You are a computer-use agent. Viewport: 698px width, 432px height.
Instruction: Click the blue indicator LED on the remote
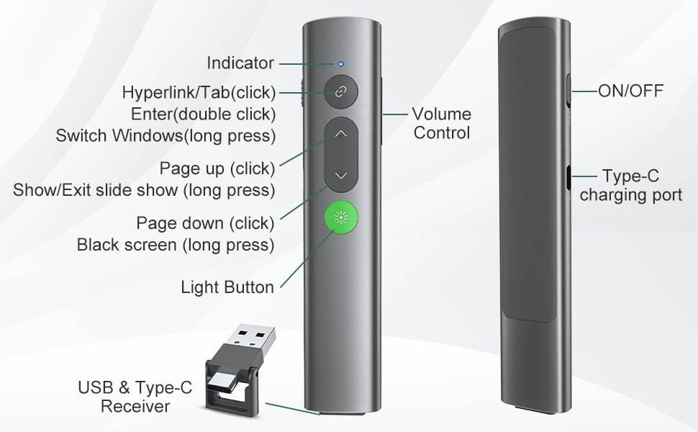pyautogui.click(x=341, y=63)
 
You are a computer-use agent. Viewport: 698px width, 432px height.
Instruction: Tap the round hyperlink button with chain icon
pyautogui.click(x=341, y=92)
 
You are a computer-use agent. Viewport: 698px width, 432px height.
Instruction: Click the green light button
pyautogui.click(x=341, y=218)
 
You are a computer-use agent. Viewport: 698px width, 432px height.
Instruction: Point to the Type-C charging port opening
pyautogui.click(x=568, y=176)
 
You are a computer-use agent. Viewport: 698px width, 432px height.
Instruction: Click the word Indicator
pyautogui.click(x=240, y=63)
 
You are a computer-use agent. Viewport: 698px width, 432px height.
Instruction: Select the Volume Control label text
pyautogui.click(x=441, y=123)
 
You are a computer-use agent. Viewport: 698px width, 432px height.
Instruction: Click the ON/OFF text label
pyautogui.click(x=630, y=91)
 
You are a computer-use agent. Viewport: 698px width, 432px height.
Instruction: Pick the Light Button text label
pyautogui.click(x=227, y=288)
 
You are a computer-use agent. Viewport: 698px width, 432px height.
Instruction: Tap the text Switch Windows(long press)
pyautogui.click(x=166, y=135)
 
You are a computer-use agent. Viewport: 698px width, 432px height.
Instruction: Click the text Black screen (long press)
pyautogui.click(x=176, y=245)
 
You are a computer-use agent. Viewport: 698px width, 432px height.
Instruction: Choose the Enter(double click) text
pyautogui.click(x=204, y=114)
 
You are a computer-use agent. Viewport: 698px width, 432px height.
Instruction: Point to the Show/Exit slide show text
pyautogui.click(x=144, y=190)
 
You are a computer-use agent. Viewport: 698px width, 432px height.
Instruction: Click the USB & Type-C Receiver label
pyautogui.click(x=135, y=397)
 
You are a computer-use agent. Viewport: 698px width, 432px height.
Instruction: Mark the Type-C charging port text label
pyautogui.click(x=630, y=186)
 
